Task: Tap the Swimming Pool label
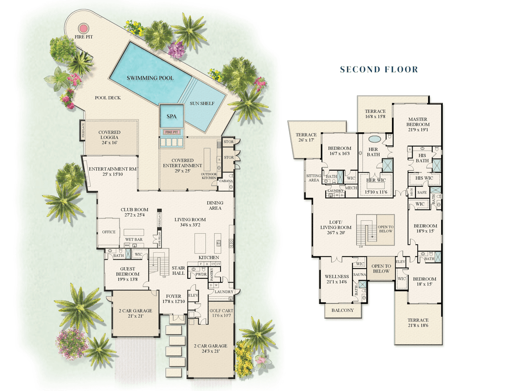[x=150, y=78]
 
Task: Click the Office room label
[x=109, y=232]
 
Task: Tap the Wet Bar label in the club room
[x=134, y=240]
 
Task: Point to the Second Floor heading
[x=379, y=69]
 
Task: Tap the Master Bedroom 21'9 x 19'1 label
[x=417, y=122]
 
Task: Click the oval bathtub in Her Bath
[x=375, y=139]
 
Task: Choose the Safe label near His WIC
[x=422, y=192]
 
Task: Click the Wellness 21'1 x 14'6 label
[x=337, y=279]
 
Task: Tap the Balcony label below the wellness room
[x=343, y=310]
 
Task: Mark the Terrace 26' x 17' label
[x=306, y=137]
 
